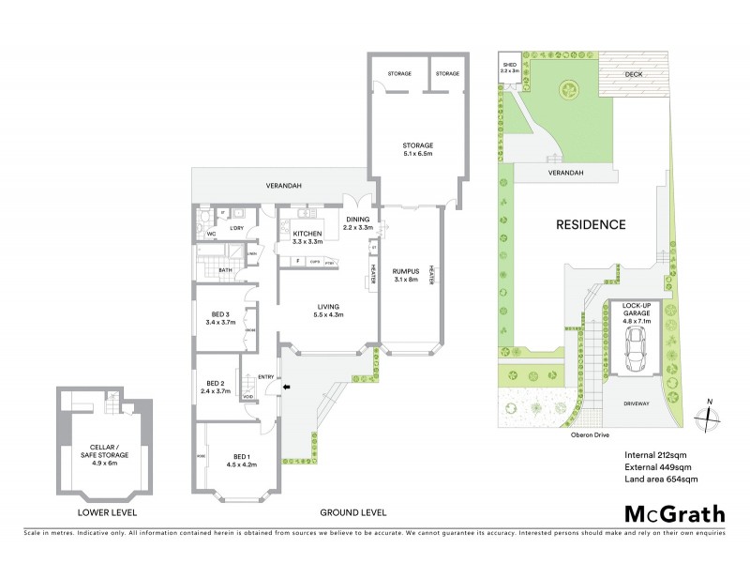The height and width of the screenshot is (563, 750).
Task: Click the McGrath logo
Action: pyautogui.click(x=674, y=513)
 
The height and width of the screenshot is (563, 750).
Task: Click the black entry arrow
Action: pyautogui.click(x=288, y=385)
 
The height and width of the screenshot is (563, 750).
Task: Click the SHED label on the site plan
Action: pyautogui.click(x=509, y=67)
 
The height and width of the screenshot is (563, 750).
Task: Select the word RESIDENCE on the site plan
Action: pyautogui.click(x=591, y=224)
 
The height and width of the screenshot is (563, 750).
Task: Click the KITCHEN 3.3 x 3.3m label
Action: pyautogui.click(x=307, y=237)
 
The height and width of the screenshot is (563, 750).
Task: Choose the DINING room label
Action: pyautogui.click(x=358, y=223)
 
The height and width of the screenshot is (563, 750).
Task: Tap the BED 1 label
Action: pyautogui.click(x=236, y=460)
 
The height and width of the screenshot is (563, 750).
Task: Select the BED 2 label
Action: pyautogui.click(x=216, y=387)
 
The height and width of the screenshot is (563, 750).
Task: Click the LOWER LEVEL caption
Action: pyautogui.click(x=108, y=512)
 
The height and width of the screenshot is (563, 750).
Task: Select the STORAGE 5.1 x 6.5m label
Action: pyautogui.click(x=417, y=149)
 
